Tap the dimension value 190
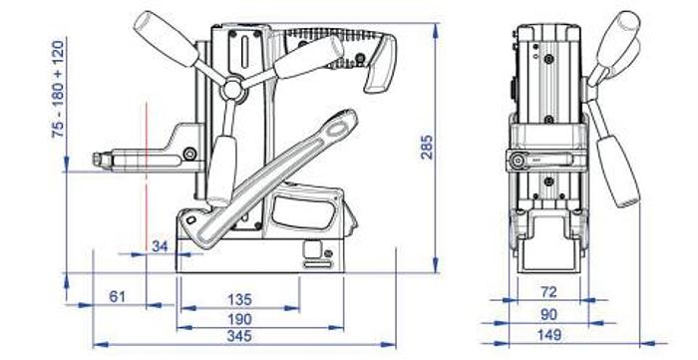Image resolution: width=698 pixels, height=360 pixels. coord(238,318)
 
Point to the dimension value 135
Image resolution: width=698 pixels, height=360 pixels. coord(238,299)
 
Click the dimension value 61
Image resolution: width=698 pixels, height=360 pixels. coord(119,296)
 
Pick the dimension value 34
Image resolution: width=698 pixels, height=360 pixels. coord(160,245)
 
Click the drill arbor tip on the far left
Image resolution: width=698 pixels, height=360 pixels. coord(98,158)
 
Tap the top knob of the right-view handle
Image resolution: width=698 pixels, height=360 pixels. coord(625,27)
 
